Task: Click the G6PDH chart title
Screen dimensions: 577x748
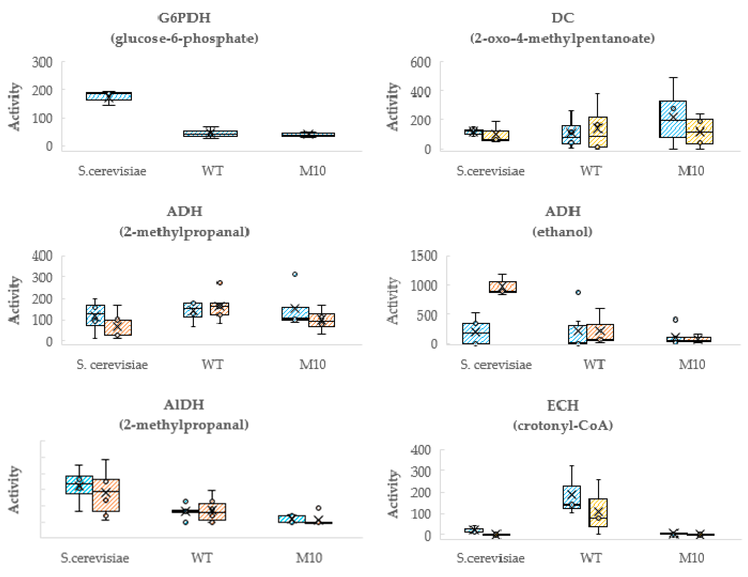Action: point(184,18)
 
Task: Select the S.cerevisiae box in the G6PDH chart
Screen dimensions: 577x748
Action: point(109,96)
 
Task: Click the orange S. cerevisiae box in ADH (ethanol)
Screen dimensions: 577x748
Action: point(502,287)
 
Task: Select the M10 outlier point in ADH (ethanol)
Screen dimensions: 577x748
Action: point(675,319)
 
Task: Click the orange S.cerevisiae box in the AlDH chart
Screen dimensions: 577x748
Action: point(106,495)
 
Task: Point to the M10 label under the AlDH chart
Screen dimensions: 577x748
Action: point(309,558)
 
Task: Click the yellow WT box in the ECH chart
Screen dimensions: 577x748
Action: point(598,513)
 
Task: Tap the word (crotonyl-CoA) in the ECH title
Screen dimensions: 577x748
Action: point(563,426)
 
